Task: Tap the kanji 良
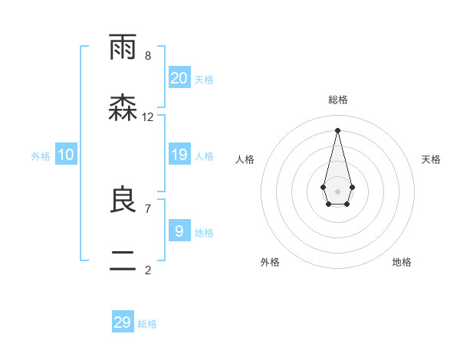click(x=123, y=201)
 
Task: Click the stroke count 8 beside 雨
click(x=148, y=56)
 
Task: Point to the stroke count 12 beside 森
click(x=148, y=117)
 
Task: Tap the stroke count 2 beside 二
click(x=148, y=269)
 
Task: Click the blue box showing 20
click(x=179, y=77)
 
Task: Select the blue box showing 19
click(x=179, y=155)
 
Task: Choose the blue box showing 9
click(x=179, y=231)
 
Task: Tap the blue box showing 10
click(x=66, y=155)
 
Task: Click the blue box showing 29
click(x=123, y=322)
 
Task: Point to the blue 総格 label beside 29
click(x=147, y=324)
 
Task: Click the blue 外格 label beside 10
click(x=41, y=156)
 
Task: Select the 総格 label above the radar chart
click(x=338, y=100)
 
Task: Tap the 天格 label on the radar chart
click(x=432, y=159)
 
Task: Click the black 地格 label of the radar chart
click(x=402, y=262)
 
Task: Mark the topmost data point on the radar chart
click(x=337, y=129)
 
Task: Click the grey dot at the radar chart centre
click(x=337, y=191)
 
